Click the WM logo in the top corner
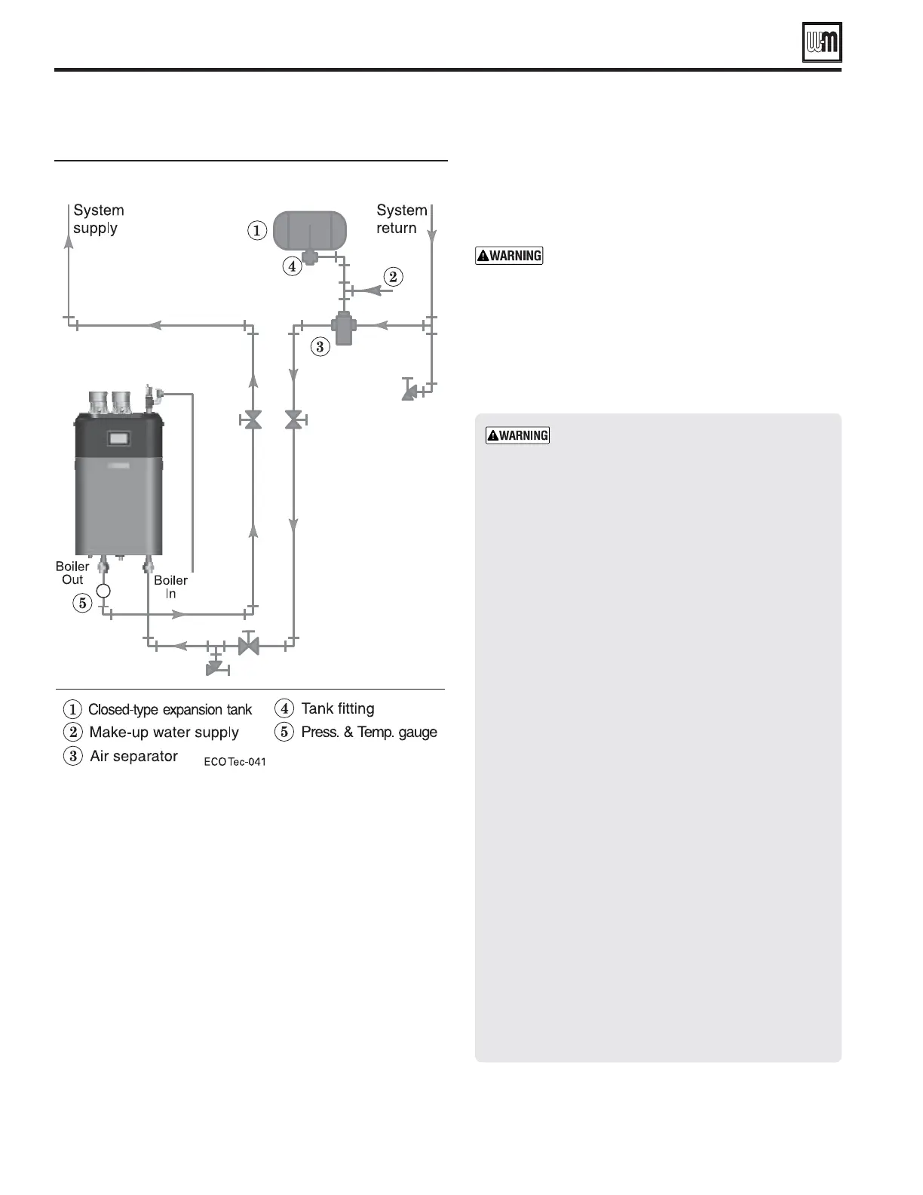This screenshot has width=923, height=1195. click(821, 42)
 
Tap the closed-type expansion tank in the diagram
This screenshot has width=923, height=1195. click(309, 229)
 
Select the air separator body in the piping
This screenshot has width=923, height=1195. click(343, 327)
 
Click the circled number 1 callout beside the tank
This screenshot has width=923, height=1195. click(257, 230)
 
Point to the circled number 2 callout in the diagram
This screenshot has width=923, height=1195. click(392, 277)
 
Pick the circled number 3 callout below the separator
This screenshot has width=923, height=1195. click(320, 347)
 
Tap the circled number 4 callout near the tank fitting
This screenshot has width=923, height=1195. click(292, 266)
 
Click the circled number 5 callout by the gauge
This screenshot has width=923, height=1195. click(82, 603)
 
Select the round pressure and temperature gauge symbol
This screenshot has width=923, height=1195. click(103, 591)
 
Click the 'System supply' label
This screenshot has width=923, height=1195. click(98, 219)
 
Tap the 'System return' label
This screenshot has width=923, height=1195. click(401, 219)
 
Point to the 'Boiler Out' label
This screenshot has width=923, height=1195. click(72, 573)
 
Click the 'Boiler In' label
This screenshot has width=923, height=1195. click(170, 587)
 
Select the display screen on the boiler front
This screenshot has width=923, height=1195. click(119, 437)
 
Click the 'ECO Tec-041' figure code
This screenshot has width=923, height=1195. click(235, 762)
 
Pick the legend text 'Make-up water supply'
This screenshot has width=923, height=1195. click(164, 733)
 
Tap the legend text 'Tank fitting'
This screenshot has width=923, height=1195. click(337, 708)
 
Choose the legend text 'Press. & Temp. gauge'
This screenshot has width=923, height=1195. click(369, 732)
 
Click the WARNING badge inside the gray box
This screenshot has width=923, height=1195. click(517, 435)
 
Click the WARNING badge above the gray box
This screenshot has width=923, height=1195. click(509, 256)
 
